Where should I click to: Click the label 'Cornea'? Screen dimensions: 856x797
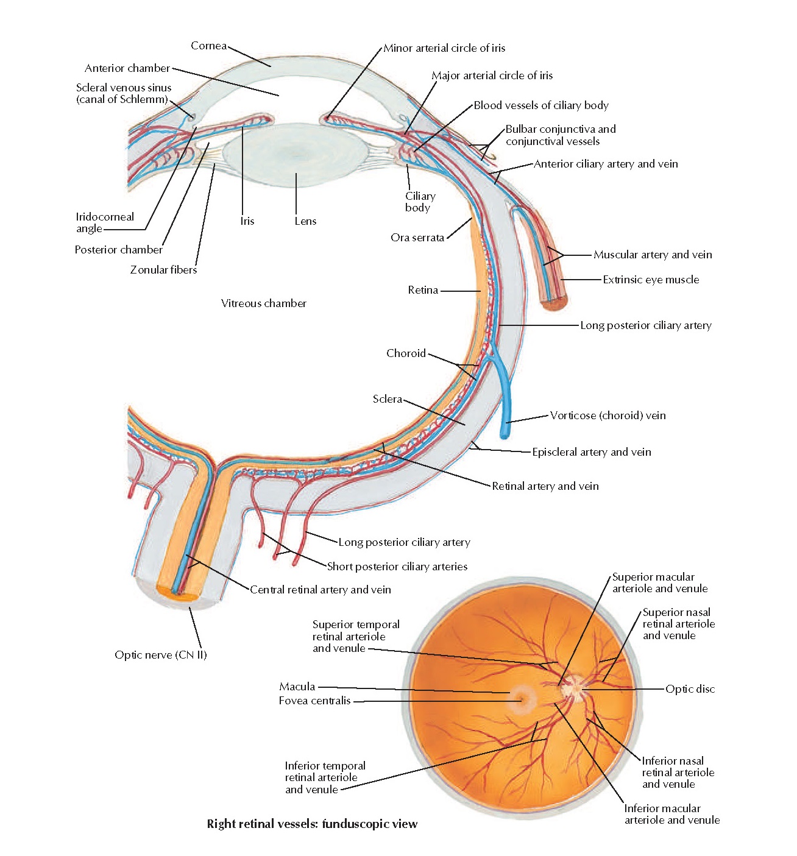click(208, 46)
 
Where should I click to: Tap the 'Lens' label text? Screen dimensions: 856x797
click(305, 221)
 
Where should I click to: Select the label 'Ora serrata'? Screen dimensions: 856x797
click(417, 238)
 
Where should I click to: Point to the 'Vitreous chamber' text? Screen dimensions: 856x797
click(263, 303)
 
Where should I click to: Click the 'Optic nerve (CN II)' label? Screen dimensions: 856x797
click(161, 655)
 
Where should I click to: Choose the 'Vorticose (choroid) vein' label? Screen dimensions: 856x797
click(607, 416)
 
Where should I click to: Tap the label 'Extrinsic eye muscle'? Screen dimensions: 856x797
click(651, 280)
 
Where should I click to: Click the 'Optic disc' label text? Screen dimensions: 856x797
click(690, 689)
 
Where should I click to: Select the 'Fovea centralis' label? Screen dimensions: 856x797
click(314, 701)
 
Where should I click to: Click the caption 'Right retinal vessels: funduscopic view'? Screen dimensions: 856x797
click(312, 824)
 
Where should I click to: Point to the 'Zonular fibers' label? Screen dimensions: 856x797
click(163, 270)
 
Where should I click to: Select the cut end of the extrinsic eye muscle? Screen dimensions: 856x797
click(554, 303)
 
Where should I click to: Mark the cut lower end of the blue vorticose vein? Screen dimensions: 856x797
click(505, 434)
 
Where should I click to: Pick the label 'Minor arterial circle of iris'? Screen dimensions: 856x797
click(444, 48)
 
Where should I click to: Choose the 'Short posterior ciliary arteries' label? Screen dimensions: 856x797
click(397, 567)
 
